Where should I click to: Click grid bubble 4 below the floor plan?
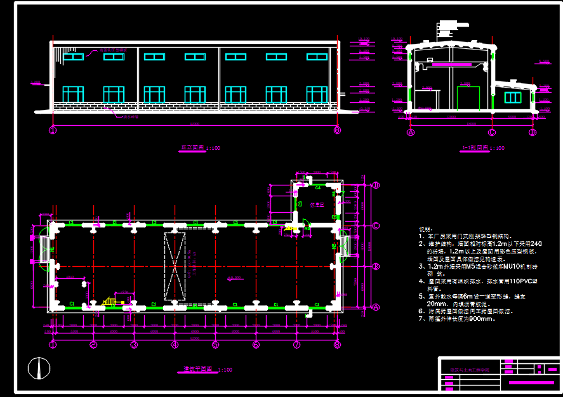[x=175, y=345]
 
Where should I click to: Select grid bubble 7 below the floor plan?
[x=296, y=345]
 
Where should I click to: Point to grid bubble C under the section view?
[x=492, y=133]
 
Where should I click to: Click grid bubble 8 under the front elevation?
[x=337, y=131]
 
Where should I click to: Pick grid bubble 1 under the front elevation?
[x=53, y=131]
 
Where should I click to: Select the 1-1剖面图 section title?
[x=475, y=147]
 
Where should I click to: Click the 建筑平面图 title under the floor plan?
[x=196, y=369]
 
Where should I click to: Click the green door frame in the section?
[x=468, y=98]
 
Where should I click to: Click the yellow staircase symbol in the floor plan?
[x=111, y=301]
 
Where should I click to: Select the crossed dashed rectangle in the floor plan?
[x=175, y=266]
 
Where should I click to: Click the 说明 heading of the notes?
[x=425, y=229]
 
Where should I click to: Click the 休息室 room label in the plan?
[x=317, y=205]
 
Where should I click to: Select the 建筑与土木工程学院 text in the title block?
[x=470, y=369]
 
